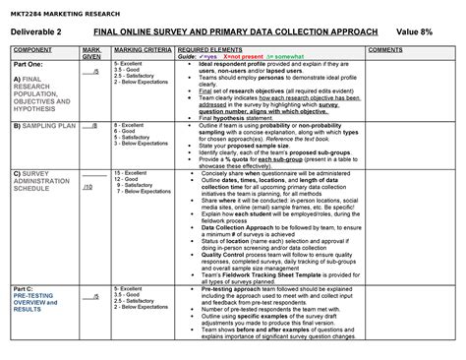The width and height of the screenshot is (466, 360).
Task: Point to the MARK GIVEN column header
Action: [90, 51]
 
